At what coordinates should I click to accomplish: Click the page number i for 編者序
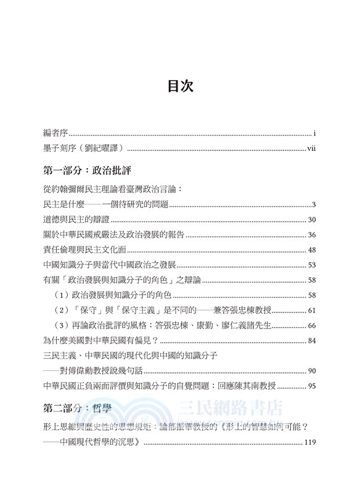(x=314, y=132)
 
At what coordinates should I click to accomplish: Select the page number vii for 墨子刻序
(x=311, y=148)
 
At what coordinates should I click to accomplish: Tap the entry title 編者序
(x=55, y=132)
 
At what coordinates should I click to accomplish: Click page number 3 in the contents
(x=314, y=205)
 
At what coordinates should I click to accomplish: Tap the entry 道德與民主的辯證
(x=76, y=220)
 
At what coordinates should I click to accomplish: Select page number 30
(x=311, y=220)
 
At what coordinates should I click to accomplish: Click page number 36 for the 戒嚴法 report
(x=311, y=235)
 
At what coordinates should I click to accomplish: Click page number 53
(x=311, y=265)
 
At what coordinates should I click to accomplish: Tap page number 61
(x=311, y=310)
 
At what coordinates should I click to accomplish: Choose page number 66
(x=311, y=325)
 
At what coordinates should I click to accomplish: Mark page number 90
(x=311, y=370)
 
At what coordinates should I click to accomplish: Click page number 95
(x=311, y=386)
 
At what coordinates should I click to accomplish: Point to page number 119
(x=309, y=442)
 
